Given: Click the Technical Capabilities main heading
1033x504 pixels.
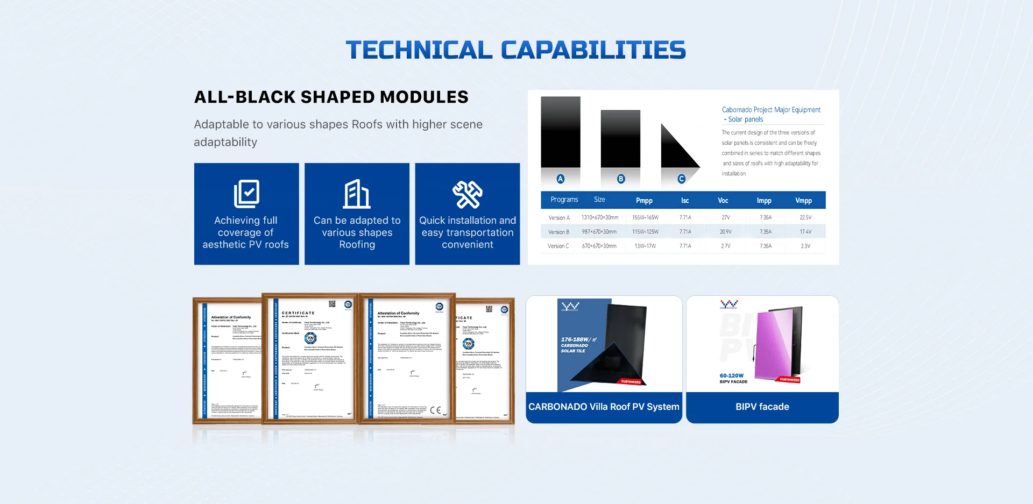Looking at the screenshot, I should click(515, 50).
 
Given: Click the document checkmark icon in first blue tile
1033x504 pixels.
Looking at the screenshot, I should click(246, 193).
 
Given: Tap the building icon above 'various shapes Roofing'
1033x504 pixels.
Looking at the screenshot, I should click(357, 194).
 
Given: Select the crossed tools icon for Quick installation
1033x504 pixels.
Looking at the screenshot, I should click(467, 194).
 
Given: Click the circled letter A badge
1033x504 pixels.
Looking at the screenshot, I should click(561, 179).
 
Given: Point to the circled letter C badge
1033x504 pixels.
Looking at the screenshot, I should click(682, 179).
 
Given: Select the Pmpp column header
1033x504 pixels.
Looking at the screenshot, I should click(644, 201).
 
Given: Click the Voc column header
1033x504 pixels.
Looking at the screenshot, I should click(723, 201).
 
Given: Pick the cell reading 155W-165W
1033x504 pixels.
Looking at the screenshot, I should click(645, 218).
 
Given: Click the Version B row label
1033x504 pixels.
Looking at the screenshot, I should click(558, 232).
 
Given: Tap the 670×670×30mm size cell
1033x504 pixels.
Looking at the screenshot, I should click(599, 246).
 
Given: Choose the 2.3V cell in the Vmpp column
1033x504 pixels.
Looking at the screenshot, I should click(805, 246).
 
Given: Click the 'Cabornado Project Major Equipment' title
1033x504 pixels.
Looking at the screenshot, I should click(771, 110).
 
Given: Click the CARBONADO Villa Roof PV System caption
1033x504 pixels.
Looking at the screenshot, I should click(604, 407).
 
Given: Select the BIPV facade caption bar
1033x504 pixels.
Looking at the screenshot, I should click(762, 407).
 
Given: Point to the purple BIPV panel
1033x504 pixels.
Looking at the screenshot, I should click(775, 344).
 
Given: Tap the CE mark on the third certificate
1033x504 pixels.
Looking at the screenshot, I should click(435, 410).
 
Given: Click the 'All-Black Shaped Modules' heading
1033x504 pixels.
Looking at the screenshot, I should click(331, 97).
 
